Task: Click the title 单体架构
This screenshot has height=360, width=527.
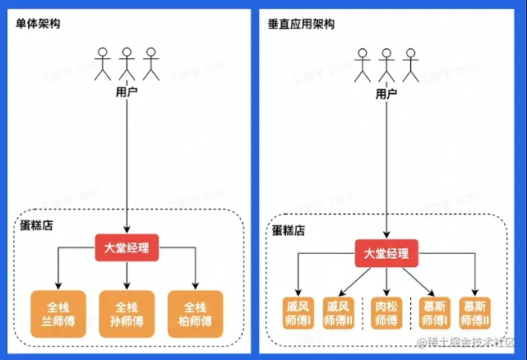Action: [x=37, y=24]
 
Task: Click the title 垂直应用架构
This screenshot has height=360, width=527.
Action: [x=302, y=24]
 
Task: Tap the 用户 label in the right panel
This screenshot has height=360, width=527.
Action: [x=386, y=94]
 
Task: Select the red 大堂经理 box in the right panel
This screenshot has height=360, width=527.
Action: [x=386, y=253]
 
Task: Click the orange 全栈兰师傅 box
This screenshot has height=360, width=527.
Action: [x=58, y=312]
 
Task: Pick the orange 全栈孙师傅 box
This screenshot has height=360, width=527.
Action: [x=127, y=312]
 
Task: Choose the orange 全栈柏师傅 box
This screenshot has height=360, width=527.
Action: [x=195, y=312]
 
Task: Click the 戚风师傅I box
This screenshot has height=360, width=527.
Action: [x=297, y=313]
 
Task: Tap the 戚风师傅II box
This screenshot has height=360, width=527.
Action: [x=338, y=313]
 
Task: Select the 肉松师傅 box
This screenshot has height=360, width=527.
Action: [x=386, y=313]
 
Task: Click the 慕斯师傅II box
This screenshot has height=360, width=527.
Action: [x=476, y=313]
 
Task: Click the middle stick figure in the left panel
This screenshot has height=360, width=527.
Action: [x=127, y=63]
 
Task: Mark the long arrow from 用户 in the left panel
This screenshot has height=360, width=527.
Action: [x=127, y=164]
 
